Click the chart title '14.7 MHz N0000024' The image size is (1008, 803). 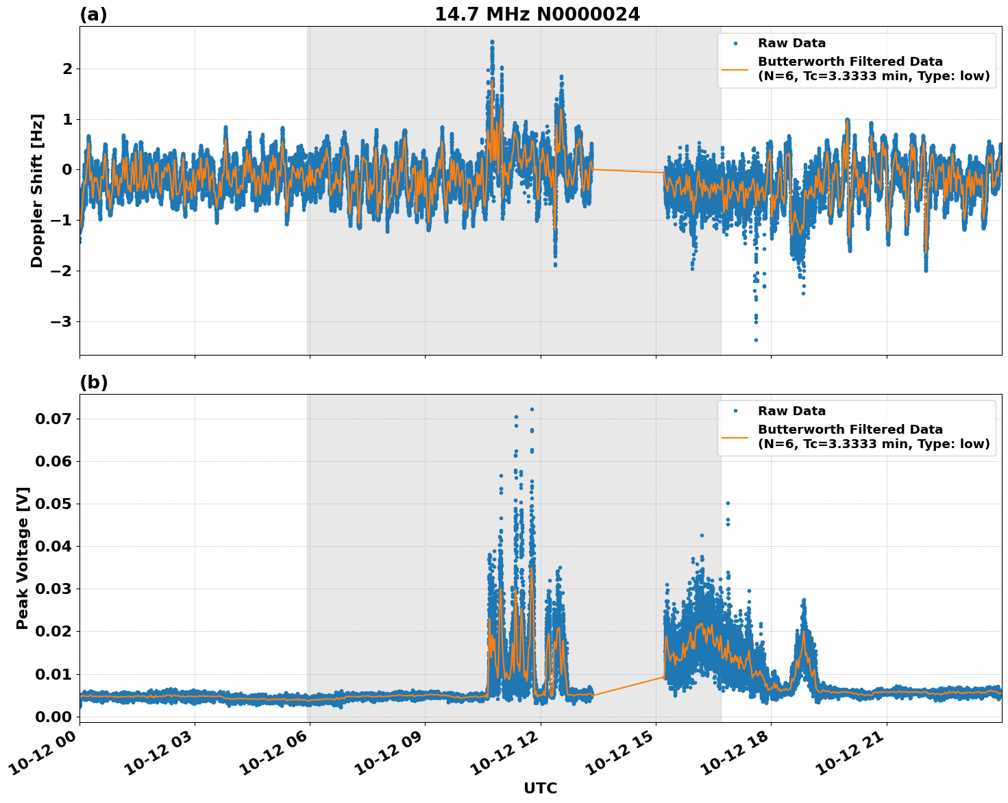point(537,14)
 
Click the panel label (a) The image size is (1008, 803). point(93,14)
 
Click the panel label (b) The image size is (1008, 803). point(93,382)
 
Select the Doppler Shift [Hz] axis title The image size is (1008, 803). point(37,190)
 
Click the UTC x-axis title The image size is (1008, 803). point(540,788)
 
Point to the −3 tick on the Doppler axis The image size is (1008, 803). point(62,321)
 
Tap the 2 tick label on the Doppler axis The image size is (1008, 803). point(67,69)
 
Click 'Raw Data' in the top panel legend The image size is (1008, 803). point(791,44)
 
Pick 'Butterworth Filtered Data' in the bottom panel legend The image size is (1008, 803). point(850,430)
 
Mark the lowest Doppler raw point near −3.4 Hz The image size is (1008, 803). point(756,340)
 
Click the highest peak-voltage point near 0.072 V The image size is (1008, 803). point(532,409)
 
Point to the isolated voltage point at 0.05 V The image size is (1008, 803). point(728,503)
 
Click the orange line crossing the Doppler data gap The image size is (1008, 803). point(627,171)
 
